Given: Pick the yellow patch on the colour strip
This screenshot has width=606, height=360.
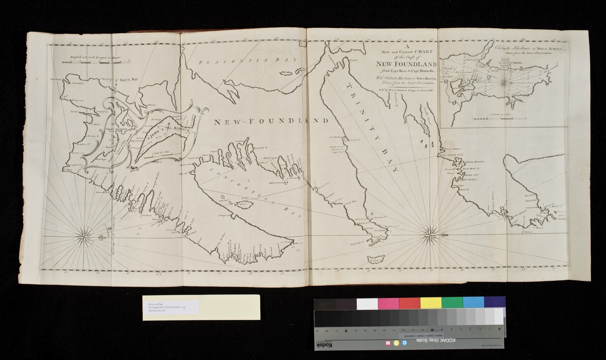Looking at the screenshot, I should coord(431,303).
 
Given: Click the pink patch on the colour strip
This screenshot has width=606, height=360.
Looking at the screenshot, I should coord(388,303).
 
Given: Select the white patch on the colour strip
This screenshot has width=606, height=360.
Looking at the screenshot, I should coord(367,304).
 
